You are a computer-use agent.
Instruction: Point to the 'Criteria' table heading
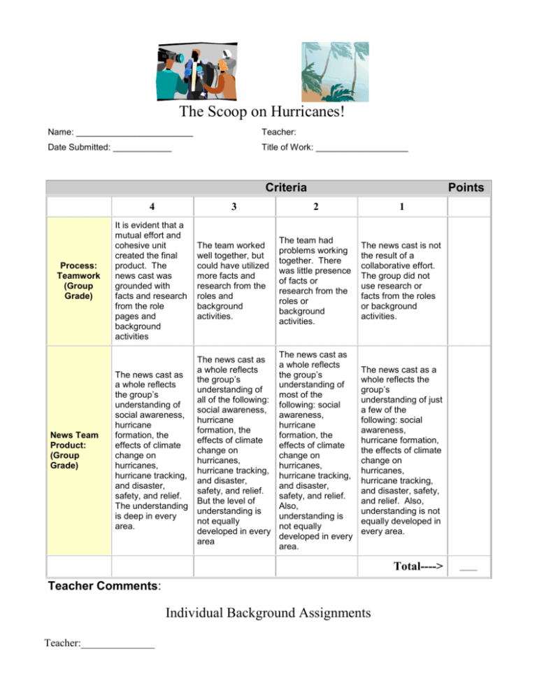click(x=285, y=188)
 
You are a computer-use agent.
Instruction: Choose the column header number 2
click(x=317, y=207)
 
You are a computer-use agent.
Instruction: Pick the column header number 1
click(x=400, y=207)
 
